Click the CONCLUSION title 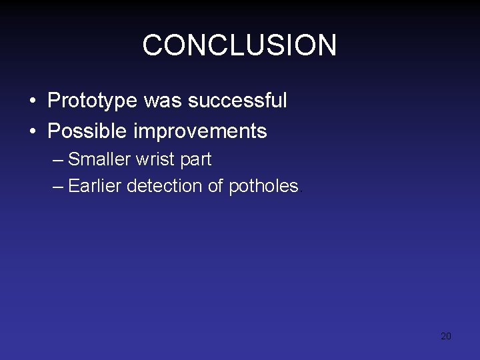tap(239, 45)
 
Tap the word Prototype tap(92, 101)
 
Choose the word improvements tap(200, 131)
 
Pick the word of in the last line tap(215, 186)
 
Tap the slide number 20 tap(446, 336)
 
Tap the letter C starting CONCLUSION tap(153, 45)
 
